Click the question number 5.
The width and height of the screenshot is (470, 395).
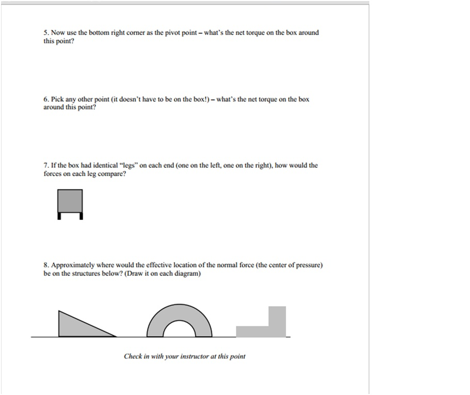pyautogui.click(x=46, y=33)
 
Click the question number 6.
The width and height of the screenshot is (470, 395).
pyautogui.click(x=46, y=99)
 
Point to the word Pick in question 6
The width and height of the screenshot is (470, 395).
pyautogui.click(x=57, y=99)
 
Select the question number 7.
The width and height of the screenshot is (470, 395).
pyautogui.click(x=46, y=166)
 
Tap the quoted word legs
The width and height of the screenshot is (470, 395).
pyautogui.click(x=129, y=166)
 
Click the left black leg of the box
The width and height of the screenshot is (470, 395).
pyautogui.click(x=59, y=216)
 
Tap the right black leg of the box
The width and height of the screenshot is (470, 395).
pyautogui.click(x=81, y=216)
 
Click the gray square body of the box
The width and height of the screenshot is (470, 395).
pyautogui.click(x=70, y=201)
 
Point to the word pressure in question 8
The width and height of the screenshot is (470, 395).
pyautogui.click(x=308, y=265)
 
